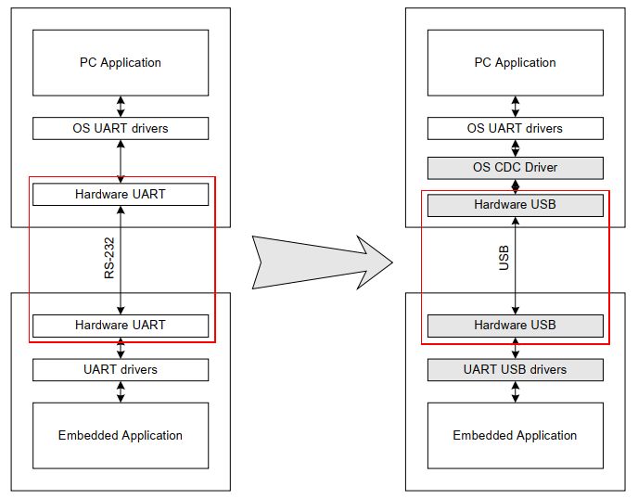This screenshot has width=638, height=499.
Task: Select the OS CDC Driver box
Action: click(x=515, y=168)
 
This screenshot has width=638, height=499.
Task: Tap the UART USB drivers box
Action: click(x=515, y=369)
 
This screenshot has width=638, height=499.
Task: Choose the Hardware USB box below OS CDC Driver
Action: click(x=515, y=204)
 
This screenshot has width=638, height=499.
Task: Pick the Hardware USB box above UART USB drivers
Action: click(x=515, y=326)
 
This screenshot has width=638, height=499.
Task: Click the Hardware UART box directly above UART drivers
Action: click(x=121, y=326)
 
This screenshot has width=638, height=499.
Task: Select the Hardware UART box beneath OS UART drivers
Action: click(x=121, y=195)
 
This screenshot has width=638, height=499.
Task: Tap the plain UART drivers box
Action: click(x=121, y=369)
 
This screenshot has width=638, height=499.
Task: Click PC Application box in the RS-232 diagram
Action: click(x=121, y=63)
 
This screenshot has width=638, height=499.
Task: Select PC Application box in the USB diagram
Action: click(x=515, y=63)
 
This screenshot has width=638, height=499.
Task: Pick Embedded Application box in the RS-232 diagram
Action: click(x=121, y=435)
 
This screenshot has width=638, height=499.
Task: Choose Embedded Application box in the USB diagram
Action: click(x=515, y=435)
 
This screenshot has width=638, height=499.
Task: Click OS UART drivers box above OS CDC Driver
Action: click(x=515, y=128)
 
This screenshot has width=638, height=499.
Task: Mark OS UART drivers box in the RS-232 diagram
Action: click(x=121, y=128)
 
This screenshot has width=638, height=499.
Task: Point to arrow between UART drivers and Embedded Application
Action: click(x=121, y=391)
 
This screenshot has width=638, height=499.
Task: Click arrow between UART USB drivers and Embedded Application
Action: click(x=515, y=391)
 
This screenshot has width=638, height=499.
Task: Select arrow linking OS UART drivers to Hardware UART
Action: click(x=121, y=161)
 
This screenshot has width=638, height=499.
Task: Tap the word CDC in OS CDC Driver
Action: click(x=509, y=168)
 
